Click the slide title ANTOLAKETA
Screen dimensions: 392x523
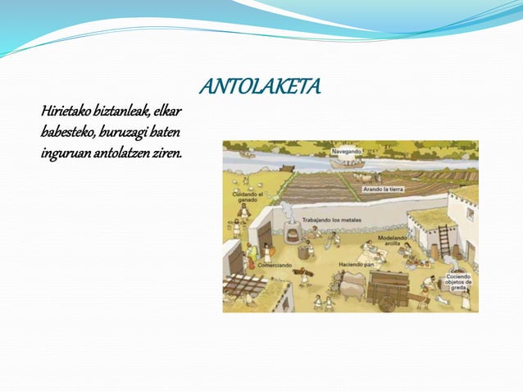tap(261, 87)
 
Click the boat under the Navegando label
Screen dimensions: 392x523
tap(348, 162)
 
